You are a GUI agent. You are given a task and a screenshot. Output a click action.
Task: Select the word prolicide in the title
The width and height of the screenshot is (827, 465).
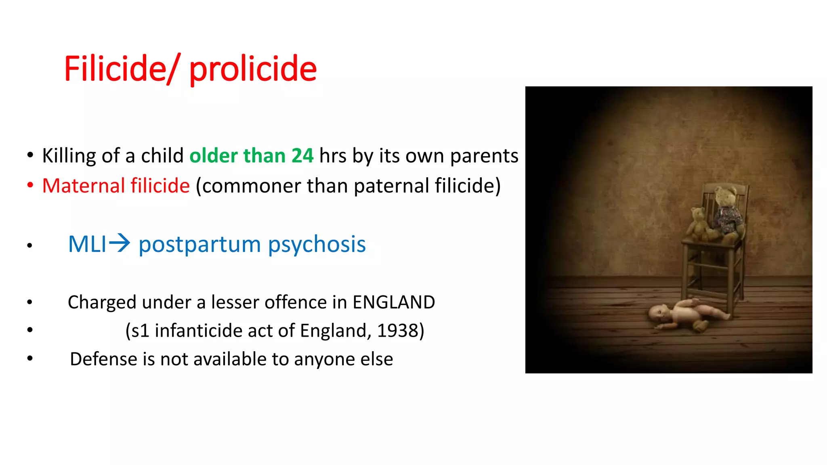253,69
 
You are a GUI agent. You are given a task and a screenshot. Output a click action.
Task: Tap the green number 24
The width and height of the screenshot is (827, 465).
302,156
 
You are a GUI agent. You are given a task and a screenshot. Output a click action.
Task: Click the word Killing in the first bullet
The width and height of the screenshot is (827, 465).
69,156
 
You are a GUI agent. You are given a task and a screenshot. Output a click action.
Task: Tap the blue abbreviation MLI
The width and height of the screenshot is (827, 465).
87,244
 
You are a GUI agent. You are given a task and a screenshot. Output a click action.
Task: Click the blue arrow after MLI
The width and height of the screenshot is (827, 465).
120,243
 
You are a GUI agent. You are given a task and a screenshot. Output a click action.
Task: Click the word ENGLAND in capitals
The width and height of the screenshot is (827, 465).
394,302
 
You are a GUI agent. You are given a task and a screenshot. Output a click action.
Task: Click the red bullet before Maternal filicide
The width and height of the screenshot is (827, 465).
30,185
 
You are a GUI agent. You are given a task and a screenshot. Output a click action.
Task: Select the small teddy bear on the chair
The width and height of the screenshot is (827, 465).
698,224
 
